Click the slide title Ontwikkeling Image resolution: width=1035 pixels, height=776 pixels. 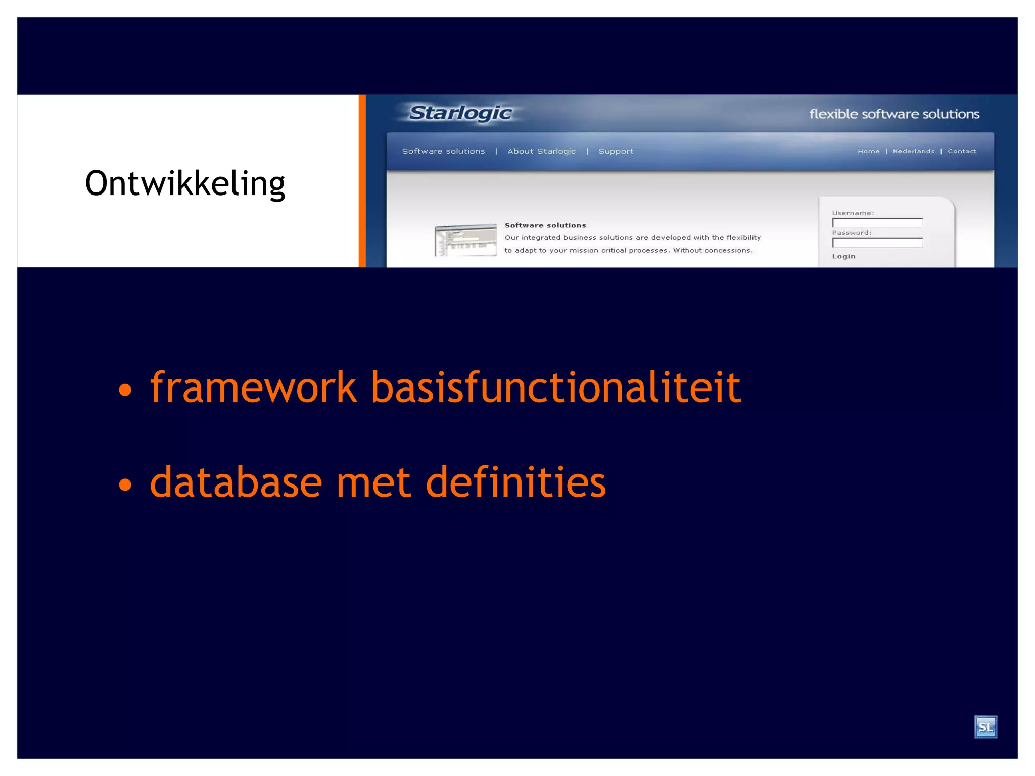click(185, 183)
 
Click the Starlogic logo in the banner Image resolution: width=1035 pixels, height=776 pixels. click(460, 113)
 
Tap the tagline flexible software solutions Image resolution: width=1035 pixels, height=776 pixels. click(893, 114)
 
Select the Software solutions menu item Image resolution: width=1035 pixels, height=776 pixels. click(443, 151)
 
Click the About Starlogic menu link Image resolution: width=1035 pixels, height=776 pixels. click(541, 151)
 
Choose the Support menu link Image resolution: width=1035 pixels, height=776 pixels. click(615, 151)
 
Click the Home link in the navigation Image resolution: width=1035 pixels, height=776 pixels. click(868, 151)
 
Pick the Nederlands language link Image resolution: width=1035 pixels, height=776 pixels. click(913, 151)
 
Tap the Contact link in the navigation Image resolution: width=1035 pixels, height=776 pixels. click(961, 151)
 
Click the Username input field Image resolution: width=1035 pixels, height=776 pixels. click(877, 223)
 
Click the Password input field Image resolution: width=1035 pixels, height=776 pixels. click(877, 243)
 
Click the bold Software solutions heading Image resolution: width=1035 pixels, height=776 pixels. click(545, 225)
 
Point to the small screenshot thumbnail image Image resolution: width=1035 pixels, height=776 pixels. click(465, 240)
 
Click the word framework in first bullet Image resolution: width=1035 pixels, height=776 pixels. click(253, 387)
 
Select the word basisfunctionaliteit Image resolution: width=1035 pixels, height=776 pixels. click(555, 387)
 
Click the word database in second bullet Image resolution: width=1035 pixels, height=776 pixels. click(236, 482)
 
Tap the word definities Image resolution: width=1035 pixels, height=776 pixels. click(515, 482)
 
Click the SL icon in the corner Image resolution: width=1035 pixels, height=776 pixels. click(985, 727)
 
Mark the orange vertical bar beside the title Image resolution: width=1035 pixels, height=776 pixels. click(362, 181)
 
